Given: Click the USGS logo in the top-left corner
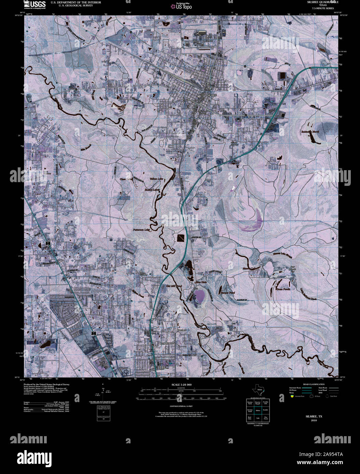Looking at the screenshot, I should [x=35, y=4].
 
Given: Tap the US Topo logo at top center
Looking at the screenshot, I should [x=182, y=6].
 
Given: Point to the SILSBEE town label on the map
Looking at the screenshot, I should [x=212, y=95].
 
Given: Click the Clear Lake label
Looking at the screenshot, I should [x=126, y=179].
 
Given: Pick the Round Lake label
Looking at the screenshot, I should [x=152, y=190].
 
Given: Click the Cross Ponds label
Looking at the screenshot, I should [x=283, y=289].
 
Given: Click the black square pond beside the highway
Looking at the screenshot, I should [x=180, y=238].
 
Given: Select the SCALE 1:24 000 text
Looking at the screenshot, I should [x=182, y=385].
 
